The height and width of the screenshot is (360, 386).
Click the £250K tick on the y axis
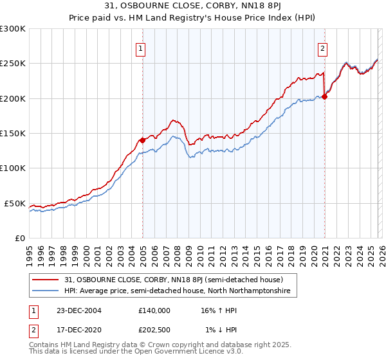pos(13,64)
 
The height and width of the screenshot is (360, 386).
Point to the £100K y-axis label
pos(13,168)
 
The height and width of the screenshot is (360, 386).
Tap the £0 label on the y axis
pos(19,238)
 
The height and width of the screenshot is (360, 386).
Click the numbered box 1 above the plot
pos(140,47)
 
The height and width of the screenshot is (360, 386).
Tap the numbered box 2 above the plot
pos(322,47)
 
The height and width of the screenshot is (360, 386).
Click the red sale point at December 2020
pos(324,97)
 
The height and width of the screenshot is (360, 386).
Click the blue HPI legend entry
pos(178,291)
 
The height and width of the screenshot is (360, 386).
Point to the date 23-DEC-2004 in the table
pos(74,310)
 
